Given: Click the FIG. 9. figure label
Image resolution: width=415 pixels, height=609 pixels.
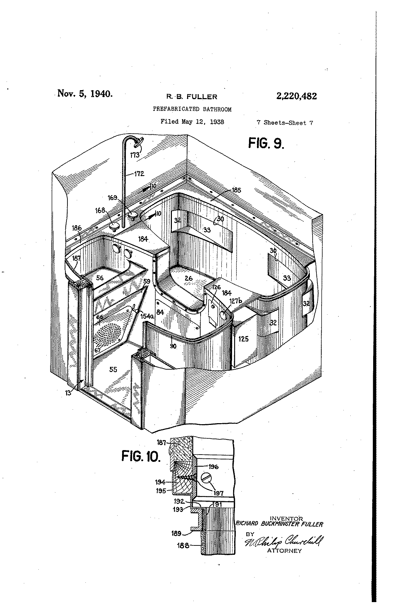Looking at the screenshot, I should (x=266, y=143).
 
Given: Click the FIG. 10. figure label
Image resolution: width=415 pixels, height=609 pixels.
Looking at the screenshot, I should (x=141, y=457).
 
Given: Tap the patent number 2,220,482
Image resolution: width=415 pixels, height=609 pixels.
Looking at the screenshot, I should (x=296, y=96).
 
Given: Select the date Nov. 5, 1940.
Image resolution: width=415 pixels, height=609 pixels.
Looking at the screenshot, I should (x=85, y=94).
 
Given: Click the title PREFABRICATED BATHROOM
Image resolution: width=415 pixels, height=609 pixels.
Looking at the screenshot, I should (x=192, y=109).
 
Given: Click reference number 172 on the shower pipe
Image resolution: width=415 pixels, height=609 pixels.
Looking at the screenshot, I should (x=139, y=174).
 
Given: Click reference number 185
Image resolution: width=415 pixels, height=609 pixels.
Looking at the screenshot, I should (x=237, y=190).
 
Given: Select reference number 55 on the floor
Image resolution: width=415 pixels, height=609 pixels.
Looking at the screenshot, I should (x=113, y=370).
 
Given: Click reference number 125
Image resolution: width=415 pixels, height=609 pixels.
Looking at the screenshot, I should (x=243, y=339).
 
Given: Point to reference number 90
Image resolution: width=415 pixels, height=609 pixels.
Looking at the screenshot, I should (x=173, y=346).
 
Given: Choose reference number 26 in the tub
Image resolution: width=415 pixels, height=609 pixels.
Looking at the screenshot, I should (x=188, y=278).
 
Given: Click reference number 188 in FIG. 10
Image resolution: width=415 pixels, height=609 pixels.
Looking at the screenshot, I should (x=183, y=545).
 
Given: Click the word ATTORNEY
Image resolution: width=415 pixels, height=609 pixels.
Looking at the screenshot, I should (x=284, y=551).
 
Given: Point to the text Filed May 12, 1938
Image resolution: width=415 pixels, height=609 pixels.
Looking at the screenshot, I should (x=192, y=122).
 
